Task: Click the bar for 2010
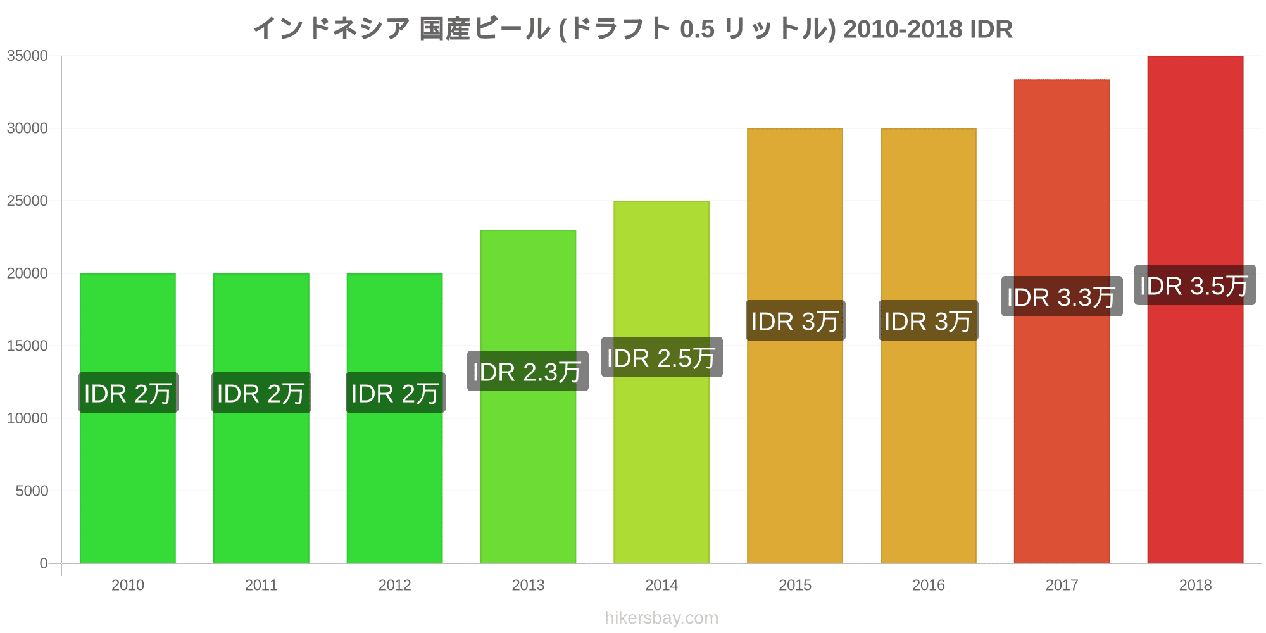128,418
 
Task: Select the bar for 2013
528,397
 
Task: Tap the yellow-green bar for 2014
661,382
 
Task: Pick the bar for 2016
929,346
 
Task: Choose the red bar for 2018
1195,310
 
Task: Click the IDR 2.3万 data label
528,371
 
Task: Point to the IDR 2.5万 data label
661,357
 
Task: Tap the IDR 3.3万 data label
1062,296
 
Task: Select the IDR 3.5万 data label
1195,285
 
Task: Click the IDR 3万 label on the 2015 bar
795,320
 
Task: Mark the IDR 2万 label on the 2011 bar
261,392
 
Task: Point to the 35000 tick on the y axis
27,56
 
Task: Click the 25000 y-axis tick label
27,201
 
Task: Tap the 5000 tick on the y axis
32,491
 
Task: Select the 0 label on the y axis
44,563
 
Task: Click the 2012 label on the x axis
394,585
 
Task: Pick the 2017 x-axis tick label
1062,585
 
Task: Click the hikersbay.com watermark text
661,618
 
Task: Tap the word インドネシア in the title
332,29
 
